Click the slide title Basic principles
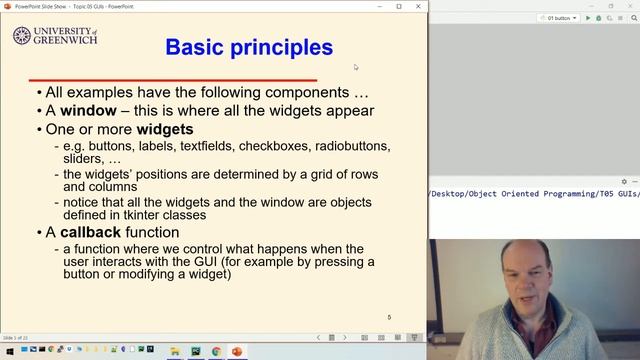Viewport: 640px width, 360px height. coord(248,47)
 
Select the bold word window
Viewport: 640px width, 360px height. coord(89,110)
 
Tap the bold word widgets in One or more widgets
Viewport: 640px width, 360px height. coord(165,129)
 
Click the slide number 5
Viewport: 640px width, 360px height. coord(389,317)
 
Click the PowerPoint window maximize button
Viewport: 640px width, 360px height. coord(399,6)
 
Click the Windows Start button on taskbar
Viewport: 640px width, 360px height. coord(8,352)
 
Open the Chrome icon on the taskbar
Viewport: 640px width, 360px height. coord(216,352)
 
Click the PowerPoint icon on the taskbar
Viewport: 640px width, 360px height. coord(237,352)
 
